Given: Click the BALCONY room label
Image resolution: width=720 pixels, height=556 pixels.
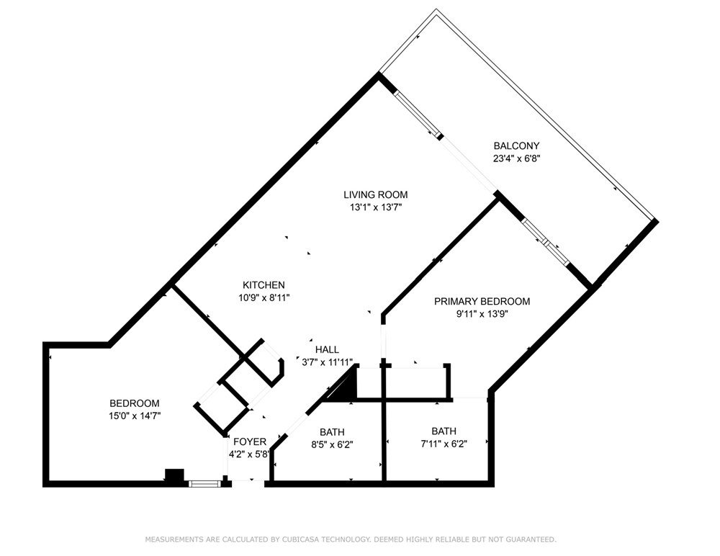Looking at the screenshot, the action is (516, 145).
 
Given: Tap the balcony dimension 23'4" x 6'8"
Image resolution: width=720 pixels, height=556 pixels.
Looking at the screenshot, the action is (516, 158).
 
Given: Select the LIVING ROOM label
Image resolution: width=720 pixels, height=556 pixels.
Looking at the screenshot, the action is (376, 194).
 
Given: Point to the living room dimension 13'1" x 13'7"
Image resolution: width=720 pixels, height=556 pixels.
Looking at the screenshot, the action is (376, 207).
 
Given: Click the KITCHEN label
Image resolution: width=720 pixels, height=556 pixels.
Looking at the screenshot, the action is (264, 285).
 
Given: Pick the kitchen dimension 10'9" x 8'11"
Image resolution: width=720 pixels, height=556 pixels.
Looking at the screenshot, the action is (264, 297).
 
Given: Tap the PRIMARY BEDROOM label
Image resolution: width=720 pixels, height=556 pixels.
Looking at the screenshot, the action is (482, 302).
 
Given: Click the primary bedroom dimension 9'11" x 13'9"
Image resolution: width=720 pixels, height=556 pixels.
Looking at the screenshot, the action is (482, 314).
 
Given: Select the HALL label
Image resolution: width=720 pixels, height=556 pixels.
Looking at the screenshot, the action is (327, 350).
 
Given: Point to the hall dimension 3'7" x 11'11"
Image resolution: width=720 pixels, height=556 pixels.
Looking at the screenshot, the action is (327, 362).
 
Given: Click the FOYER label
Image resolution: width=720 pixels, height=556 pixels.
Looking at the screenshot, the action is (250, 441).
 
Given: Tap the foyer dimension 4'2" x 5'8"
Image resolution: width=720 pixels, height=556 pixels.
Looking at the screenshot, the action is (249, 454).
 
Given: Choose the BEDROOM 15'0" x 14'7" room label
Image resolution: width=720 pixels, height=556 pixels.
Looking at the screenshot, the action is (135, 403).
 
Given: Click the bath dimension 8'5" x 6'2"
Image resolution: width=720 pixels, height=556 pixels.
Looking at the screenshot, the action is (332, 445).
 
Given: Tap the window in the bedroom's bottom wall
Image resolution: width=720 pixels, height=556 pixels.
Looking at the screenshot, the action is (204, 483).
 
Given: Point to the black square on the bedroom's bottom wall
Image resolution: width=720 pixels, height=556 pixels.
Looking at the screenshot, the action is (174, 475).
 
